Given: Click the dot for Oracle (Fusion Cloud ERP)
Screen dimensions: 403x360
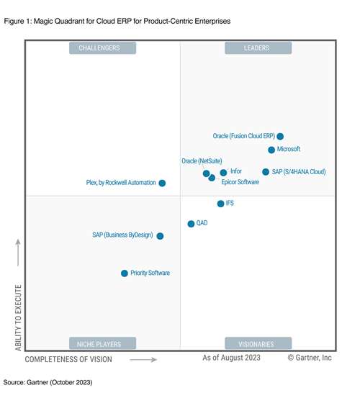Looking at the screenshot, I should (280, 136).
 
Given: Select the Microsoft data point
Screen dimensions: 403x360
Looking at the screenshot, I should (271, 150).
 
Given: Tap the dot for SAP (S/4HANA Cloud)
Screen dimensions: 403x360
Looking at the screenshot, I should (266, 172).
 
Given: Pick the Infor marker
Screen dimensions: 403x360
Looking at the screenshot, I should (223, 173).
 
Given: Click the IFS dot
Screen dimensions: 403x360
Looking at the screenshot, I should (220, 204).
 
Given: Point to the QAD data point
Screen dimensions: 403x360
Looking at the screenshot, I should (191, 224).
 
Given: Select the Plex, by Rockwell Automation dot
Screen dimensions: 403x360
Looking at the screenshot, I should (162, 184).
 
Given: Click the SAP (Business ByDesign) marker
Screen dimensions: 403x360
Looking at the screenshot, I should (160, 235).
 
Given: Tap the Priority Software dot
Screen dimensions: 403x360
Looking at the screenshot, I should (125, 273).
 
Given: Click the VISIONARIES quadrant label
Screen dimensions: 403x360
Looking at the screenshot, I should (258, 343).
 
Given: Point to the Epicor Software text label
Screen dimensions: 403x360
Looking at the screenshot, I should (240, 183).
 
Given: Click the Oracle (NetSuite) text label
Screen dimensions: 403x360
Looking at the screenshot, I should (201, 161).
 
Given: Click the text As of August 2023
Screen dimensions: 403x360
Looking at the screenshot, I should (231, 358).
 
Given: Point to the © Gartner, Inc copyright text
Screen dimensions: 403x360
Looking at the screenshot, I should (310, 358).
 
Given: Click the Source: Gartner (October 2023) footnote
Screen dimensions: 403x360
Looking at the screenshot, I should (48, 381).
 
